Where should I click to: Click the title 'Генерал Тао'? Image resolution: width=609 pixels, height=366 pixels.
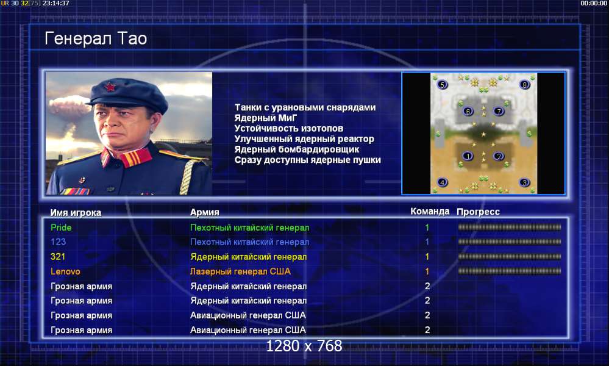[x=96, y=38]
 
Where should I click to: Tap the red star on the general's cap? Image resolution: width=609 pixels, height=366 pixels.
[x=110, y=87]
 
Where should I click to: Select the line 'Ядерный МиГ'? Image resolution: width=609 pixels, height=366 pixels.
[x=266, y=118]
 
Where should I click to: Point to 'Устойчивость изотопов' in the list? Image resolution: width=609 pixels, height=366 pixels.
[x=288, y=128]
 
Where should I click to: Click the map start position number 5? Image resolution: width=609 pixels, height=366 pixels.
[x=443, y=84]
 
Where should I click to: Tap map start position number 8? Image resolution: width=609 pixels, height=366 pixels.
[x=524, y=84]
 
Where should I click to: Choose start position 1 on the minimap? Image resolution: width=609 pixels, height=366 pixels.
[x=468, y=156]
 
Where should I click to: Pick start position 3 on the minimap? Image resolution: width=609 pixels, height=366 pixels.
[x=524, y=182]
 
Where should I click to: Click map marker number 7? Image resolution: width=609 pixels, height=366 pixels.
[x=498, y=111]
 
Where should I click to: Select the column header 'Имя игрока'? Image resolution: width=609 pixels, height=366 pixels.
[x=76, y=212]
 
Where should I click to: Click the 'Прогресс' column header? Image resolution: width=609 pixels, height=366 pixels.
[x=478, y=212]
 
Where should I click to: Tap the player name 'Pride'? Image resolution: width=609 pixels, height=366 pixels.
[x=61, y=228]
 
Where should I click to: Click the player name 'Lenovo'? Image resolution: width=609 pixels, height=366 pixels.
[x=65, y=271]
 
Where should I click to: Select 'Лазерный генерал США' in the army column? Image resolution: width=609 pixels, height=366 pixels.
[x=240, y=271]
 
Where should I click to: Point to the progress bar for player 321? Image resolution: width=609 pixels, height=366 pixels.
[x=509, y=256]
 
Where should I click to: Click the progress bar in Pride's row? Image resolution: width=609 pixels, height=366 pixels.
[x=509, y=228]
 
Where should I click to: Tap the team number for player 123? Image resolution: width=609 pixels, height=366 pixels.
[x=427, y=242]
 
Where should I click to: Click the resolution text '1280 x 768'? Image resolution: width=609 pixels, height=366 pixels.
[x=304, y=346]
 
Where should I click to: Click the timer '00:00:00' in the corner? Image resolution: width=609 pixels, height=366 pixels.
[x=594, y=3]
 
